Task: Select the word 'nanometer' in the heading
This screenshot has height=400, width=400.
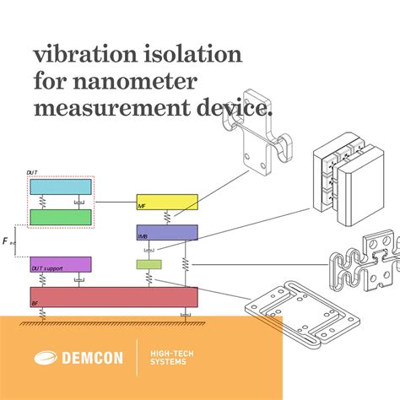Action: coord(146,82)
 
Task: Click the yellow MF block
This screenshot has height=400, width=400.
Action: coord(167,203)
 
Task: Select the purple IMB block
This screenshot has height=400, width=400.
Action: coord(167,232)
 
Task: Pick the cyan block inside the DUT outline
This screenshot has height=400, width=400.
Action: coord(61,186)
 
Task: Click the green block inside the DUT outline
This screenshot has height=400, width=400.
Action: coord(61,217)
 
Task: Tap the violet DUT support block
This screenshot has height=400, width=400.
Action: coord(61,264)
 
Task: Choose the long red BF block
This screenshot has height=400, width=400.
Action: coord(114,296)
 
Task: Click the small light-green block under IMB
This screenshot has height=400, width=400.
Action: coord(148,265)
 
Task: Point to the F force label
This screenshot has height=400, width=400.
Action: coord(7,241)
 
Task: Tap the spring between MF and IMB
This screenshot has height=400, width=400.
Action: coord(167,218)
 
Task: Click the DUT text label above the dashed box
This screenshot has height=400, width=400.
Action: coord(31,172)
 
